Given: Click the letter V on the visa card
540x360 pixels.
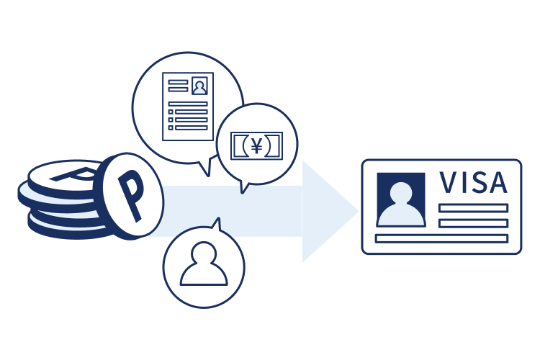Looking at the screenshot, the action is (x=448, y=182).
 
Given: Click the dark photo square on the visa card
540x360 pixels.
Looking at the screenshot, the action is (x=401, y=199).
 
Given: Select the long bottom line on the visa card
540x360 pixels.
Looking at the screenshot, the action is (x=441, y=238).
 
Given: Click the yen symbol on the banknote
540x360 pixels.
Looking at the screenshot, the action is (x=256, y=145).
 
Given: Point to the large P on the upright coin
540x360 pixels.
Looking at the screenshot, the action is (x=131, y=195).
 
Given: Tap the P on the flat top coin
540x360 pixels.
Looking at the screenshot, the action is (x=74, y=175).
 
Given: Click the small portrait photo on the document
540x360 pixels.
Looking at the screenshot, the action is (x=199, y=86).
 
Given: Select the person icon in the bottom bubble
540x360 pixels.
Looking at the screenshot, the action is (x=204, y=264).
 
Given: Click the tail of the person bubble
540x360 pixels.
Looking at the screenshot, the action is (x=217, y=224).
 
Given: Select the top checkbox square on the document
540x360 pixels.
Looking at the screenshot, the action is (x=171, y=112).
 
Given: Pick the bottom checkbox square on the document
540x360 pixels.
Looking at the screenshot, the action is (x=171, y=128).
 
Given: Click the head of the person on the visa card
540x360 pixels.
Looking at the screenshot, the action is (x=401, y=193).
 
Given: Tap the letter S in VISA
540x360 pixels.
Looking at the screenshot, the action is (x=477, y=182).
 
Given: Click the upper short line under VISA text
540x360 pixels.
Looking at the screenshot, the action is (x=474, y=208).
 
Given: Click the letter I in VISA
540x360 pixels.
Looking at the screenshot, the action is (x=462, y=182).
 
